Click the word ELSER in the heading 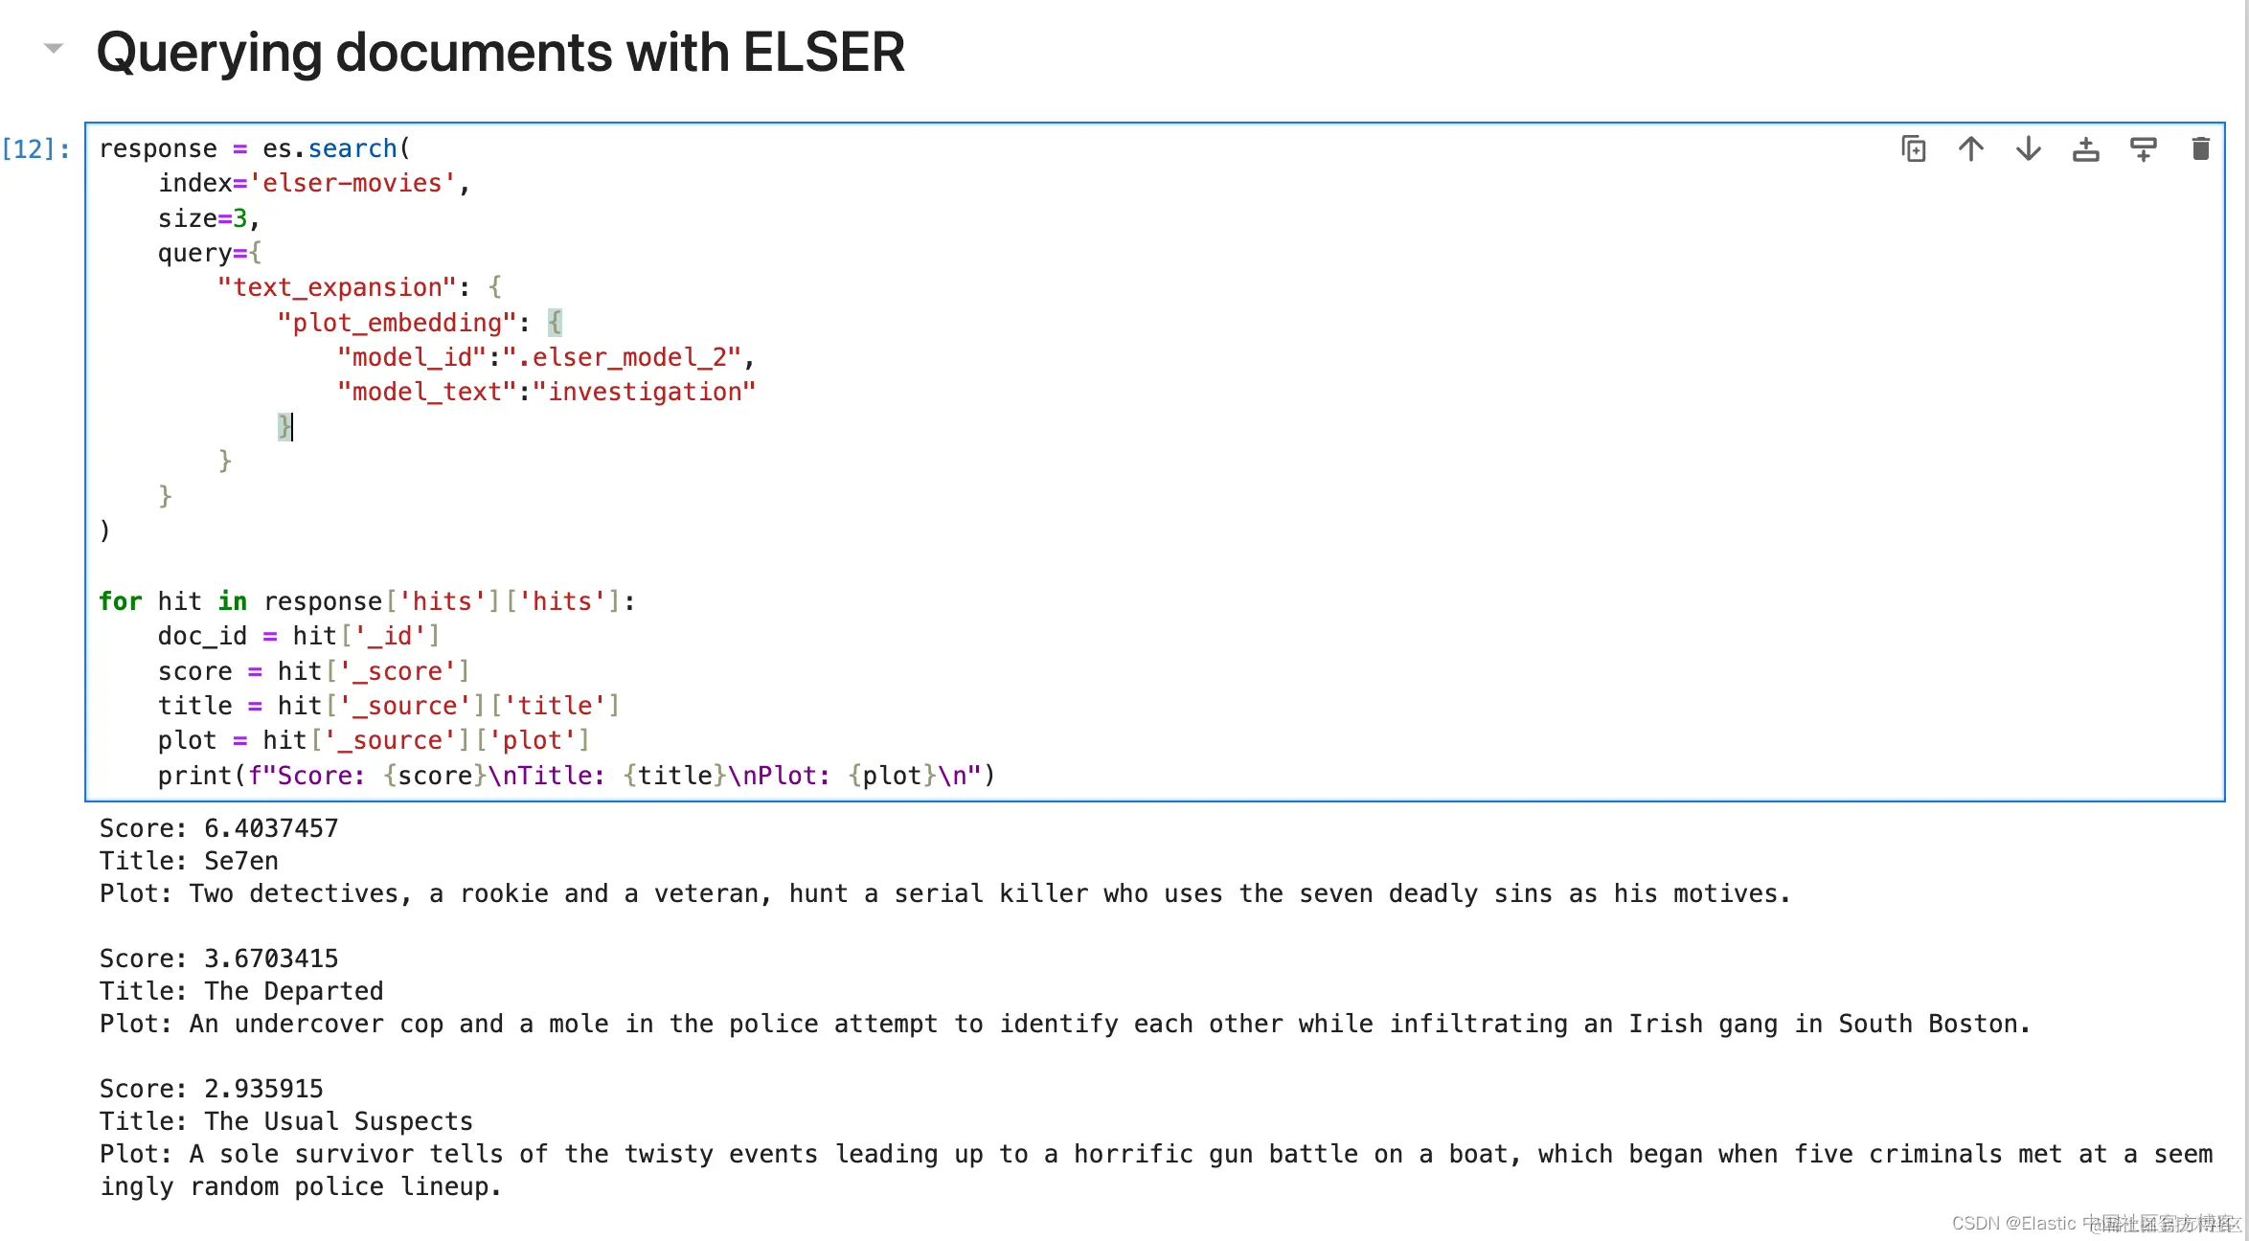[x=823, y=53]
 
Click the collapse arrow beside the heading [x=54, y=48]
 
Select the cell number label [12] [x=36, y=149]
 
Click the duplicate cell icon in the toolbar [x=1913, y=149]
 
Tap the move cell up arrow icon [x=1970, y=149]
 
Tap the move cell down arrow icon [x=2028, y=149]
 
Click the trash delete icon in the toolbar [x=2200, y=149]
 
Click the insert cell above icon [x=2085, y=149]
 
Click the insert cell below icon [x=2143, y=149]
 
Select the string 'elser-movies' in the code [x=352, y=183]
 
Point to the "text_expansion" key [x=336, y=287]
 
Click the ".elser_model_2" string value [x=622, y=357]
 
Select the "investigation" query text [x=645, y=392]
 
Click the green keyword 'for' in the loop [x=120, y=601]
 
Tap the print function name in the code [x=195, y=776]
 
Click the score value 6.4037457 [x=271, y=828]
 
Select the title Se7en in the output [x=241, y=861]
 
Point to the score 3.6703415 [x=271, y=959]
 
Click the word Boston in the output [x=1979, y=1024]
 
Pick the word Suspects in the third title [x=414, y=1121]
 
